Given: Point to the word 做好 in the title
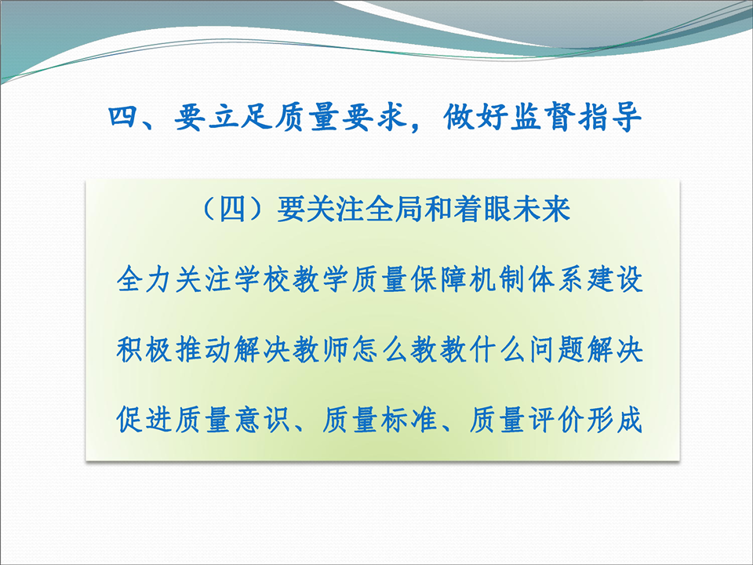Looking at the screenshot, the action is pos(475,117).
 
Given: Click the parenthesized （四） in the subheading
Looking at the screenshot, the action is pos(232,210).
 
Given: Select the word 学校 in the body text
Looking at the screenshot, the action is pos(262,279).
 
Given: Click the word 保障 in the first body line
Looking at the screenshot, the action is pos(438,279).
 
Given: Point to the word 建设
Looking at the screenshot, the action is pos(615,279).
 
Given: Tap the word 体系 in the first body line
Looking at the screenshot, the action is pos(556,279).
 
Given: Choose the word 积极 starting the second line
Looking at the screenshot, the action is pos(144,349).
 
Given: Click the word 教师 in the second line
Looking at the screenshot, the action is pos(321,349).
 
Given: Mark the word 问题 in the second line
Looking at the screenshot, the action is pos(556,349).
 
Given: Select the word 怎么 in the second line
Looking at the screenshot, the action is pos(380,349).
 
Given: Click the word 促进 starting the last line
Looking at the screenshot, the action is pos(144,419).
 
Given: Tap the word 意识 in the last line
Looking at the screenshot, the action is pos(262,419).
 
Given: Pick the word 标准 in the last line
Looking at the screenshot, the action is pos(409,419).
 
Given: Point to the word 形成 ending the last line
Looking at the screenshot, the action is pos(615,419).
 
